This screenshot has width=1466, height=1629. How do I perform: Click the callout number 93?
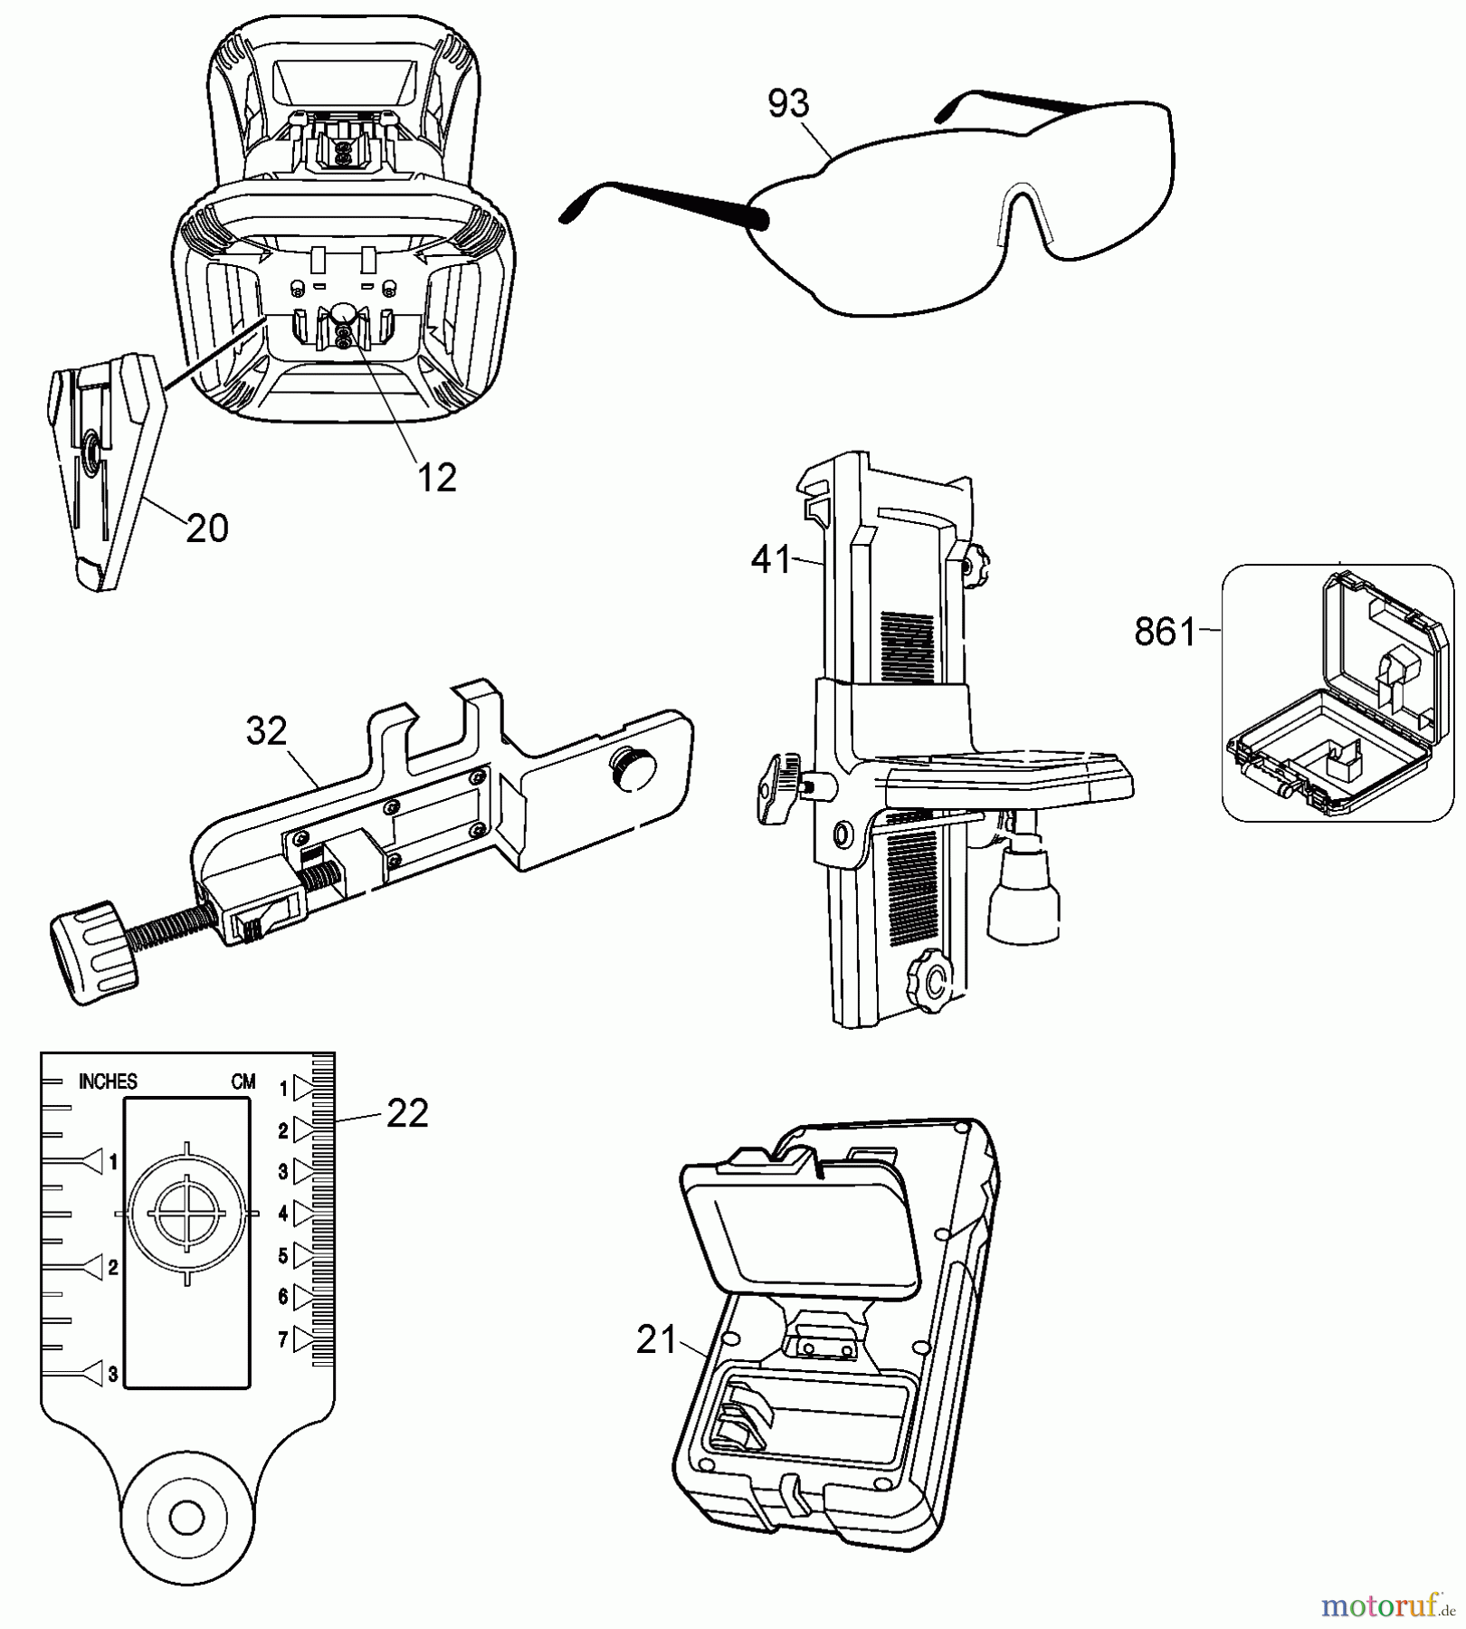(x=787, y=104)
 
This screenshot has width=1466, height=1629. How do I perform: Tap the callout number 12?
(x=436, y=478)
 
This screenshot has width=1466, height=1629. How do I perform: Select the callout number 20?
(x=206, y=529)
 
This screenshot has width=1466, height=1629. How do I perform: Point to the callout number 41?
(x=771, y=560)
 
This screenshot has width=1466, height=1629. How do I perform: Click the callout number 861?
(x=1166, y=632)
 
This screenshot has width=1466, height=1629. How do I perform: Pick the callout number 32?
(x=266, y=731)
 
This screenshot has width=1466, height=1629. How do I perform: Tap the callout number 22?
(x=406, y=1114)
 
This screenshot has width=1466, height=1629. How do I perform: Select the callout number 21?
(x=657, y=1340)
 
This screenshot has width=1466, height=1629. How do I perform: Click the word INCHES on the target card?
(x=108, y=1081)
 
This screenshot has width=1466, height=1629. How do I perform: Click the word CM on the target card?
(x=243, y=1081)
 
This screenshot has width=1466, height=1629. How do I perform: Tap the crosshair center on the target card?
(x=187, y=1213)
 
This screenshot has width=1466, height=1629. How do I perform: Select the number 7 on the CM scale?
(x=283, y=1339)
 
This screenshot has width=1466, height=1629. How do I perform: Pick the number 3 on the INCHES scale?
(x=112, y=1374)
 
